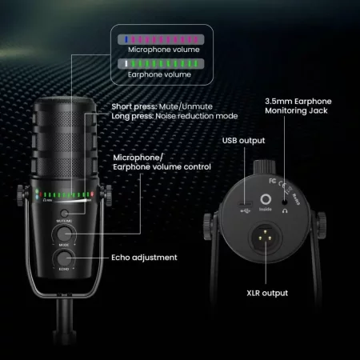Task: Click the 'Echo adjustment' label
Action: [145, 258]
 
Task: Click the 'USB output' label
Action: [243, 142]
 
